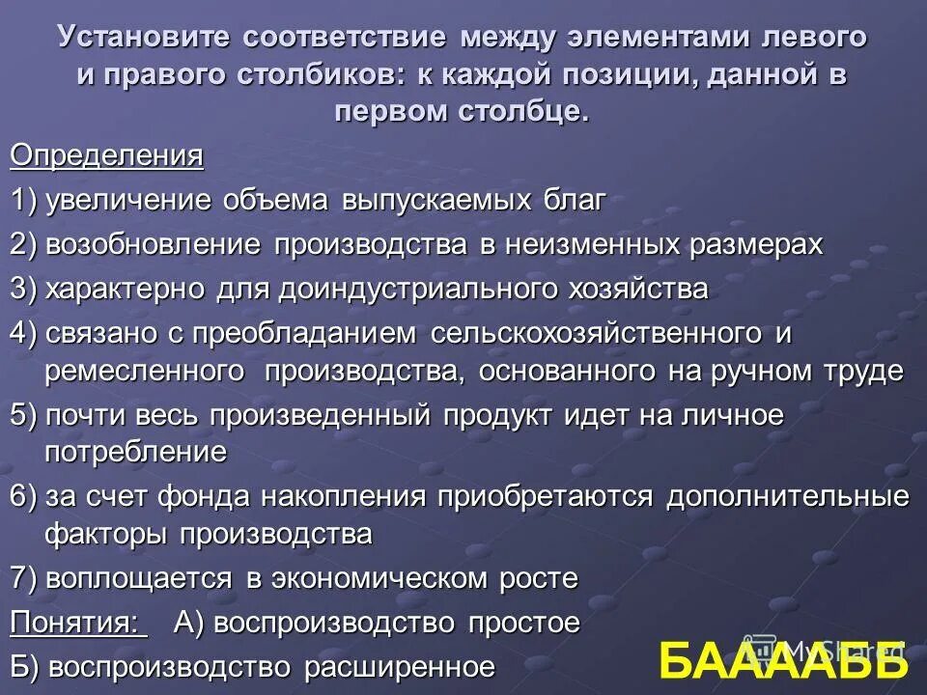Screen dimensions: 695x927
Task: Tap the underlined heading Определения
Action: click(107, 156)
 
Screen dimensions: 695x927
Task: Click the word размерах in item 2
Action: click(756, 245)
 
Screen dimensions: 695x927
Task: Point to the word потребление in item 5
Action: click(136, 452)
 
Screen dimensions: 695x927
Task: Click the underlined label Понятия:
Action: click(78, 623)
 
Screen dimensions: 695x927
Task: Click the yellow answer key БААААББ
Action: click(784, 662)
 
